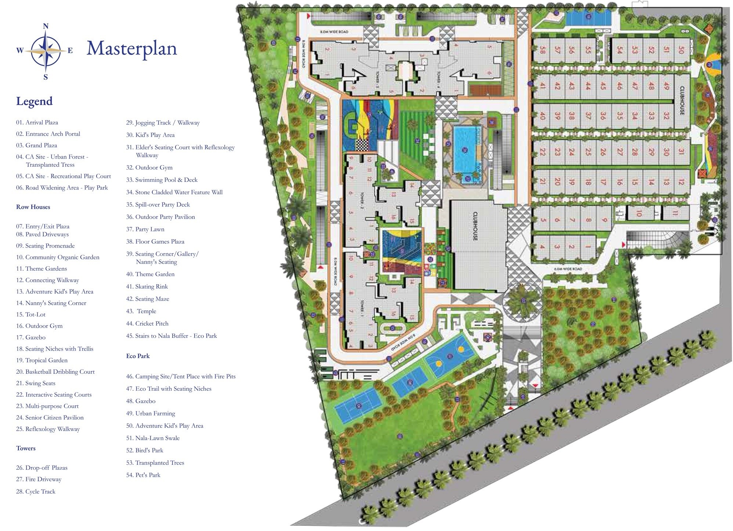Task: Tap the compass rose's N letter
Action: point(46,26)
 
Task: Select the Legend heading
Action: point(34,101)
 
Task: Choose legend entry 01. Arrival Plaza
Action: point(37,123)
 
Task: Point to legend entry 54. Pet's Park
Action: point(143,475)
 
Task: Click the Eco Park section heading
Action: point(138,356)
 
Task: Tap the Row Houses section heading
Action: point(33,207)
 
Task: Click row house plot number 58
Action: point(542,50)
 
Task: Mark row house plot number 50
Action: point(681,50)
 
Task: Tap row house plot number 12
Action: point(681,181)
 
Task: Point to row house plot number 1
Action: point(588,247)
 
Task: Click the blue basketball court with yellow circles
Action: point(450,355)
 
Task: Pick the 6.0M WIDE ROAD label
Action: point(568,269)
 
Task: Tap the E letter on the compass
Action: point(70,51)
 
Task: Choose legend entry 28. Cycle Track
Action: point(36,492)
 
